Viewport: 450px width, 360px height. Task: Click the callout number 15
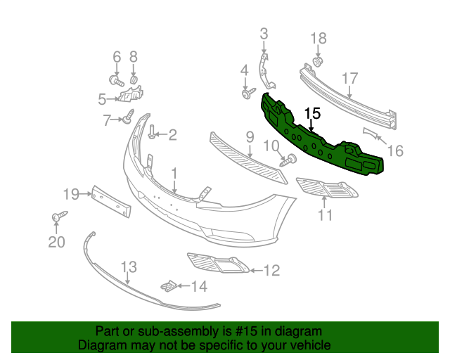click(312, 112)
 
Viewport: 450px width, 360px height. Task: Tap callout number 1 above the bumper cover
click(174, 172)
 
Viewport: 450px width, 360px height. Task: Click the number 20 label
click(56, 243)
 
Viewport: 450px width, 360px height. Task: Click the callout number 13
click(128, 267)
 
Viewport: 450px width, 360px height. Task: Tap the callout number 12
click(271, 269)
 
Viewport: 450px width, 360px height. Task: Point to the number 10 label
click(271, 146)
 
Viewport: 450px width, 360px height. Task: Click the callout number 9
click(250, 136)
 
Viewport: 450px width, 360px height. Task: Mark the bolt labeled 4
click(247, 94)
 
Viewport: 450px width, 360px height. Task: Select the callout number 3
click(264, 33)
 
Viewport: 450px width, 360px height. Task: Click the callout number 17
click(350, 78)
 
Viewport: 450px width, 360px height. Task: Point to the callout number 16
click(396, 150)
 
